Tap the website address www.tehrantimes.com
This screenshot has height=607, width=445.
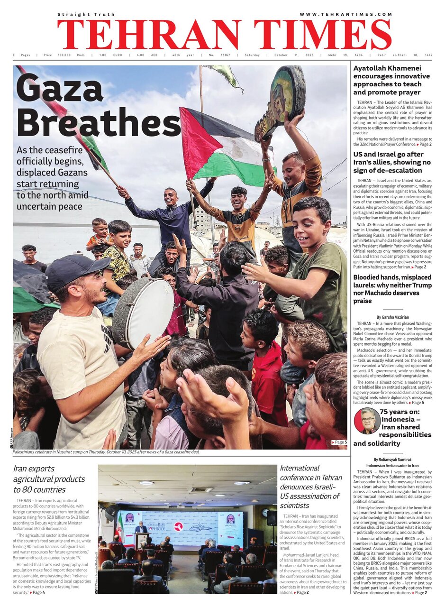point(345,15)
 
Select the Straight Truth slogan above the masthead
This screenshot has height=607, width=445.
point(86,15)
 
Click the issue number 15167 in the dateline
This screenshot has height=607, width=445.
point(226,55)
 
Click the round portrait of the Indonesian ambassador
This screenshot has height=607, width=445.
point(367,421)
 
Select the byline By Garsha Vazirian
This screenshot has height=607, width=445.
point(392,317)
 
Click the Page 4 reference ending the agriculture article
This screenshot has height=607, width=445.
point(38,593)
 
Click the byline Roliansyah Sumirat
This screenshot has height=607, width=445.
point(391,460)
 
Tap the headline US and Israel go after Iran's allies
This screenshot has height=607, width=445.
point(391,162)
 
